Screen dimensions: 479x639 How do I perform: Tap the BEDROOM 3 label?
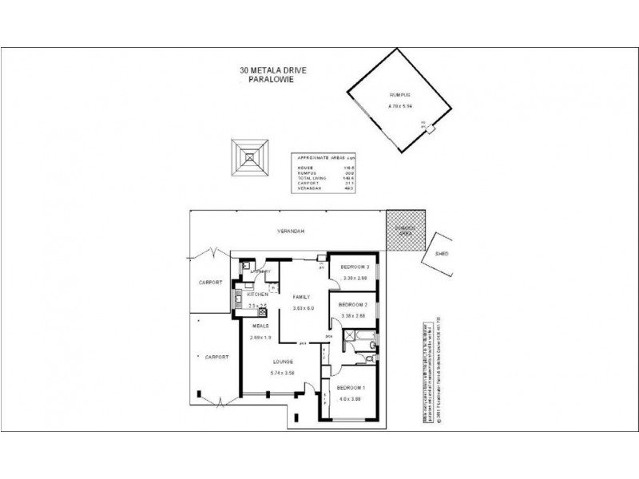(353, 267)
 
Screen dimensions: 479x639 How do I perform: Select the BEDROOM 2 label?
(353, 305)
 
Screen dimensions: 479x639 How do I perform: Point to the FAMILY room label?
(300, 296)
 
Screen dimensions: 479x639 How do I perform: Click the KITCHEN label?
(258, 295)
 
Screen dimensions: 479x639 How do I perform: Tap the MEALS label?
(260, 326)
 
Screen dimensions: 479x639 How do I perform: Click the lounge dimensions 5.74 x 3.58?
(284, 374)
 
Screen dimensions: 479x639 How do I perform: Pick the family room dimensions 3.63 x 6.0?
(304, 307)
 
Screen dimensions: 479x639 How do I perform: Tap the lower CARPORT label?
(216, 356)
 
